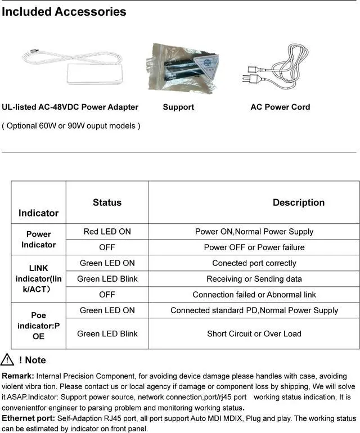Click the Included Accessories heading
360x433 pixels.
(x=64, y=11)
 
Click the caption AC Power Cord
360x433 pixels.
(x=280, y=107)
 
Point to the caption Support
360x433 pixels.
(x=178, y=107)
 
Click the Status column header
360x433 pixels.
(x=107, y=202)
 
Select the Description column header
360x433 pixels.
(x=298, y=202)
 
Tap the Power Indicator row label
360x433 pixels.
(x=38, y=239)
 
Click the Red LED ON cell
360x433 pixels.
(x=107, y=232)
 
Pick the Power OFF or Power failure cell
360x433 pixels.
(x=254, y=247)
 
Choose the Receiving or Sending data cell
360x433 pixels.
(x=254, y=279)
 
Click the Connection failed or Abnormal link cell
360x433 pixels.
(x=254, y=295)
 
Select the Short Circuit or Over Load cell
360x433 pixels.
(x=254, y=333)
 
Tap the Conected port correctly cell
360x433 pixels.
(x=254, y=263)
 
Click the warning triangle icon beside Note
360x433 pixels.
(x=7, y=360)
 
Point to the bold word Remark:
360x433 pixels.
(x=18, y=376)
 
